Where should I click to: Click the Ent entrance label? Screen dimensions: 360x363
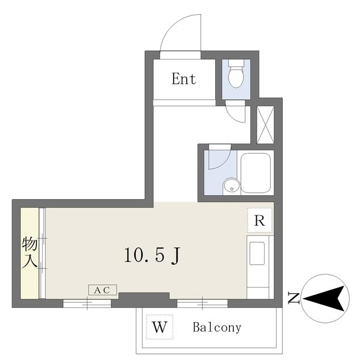(183, 79)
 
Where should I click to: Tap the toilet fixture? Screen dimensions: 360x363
(236, 74)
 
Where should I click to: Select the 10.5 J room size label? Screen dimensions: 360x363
(152, 256)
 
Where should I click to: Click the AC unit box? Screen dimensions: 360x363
(102, 290)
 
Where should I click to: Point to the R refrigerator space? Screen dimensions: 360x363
(259, 221)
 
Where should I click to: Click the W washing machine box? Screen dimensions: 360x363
(160, 327)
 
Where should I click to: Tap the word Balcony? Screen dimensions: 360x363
(217, 328)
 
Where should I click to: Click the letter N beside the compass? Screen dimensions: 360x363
(294, 298)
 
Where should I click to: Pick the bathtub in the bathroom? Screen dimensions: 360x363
(256, 172)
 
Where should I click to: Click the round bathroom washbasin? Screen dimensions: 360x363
(231, 187)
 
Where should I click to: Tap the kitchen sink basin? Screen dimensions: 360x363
(257, 254)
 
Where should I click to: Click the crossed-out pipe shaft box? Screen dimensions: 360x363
(265, 125)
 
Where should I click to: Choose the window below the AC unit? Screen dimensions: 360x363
(87, 303)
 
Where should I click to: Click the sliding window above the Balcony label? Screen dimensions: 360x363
(202, 303)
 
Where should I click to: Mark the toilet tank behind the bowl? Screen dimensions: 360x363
(236, 63)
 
